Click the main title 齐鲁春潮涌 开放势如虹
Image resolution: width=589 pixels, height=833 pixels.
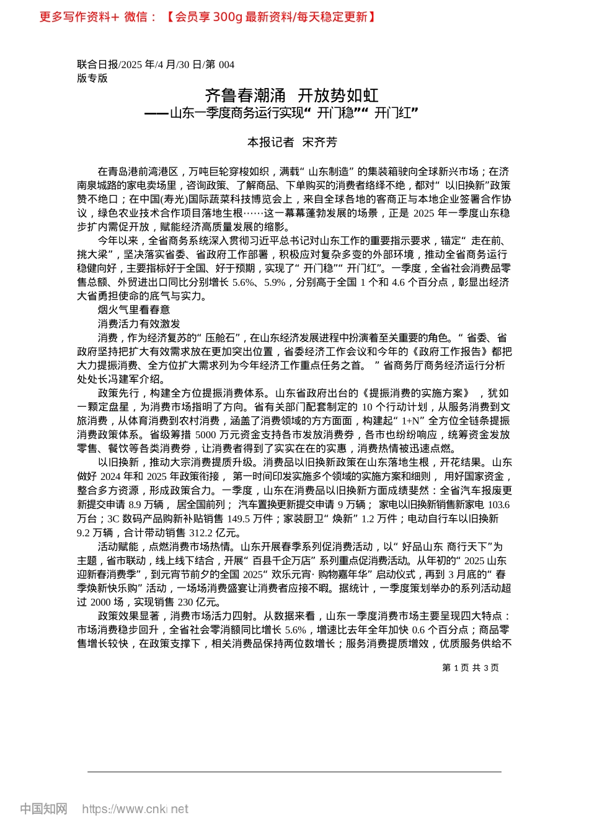click(x=291, y=95)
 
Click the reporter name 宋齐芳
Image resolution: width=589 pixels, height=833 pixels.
click(x=319, y=143)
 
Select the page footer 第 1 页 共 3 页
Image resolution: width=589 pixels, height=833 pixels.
click(x=471, y=668)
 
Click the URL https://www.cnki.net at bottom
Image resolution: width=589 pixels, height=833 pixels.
click(x=135, y=809)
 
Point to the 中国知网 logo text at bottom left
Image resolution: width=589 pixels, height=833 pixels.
click(x=43, y=809)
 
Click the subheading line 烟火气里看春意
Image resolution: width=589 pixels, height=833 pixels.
click(x=133, y=310)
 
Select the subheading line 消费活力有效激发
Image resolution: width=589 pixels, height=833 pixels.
click(x=139, y=324)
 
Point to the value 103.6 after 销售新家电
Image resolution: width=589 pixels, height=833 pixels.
click(x=498, y=505)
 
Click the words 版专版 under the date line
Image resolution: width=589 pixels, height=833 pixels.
click(x=92, y=78)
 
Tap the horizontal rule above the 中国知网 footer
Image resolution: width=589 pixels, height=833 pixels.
click(x=294, y=772)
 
